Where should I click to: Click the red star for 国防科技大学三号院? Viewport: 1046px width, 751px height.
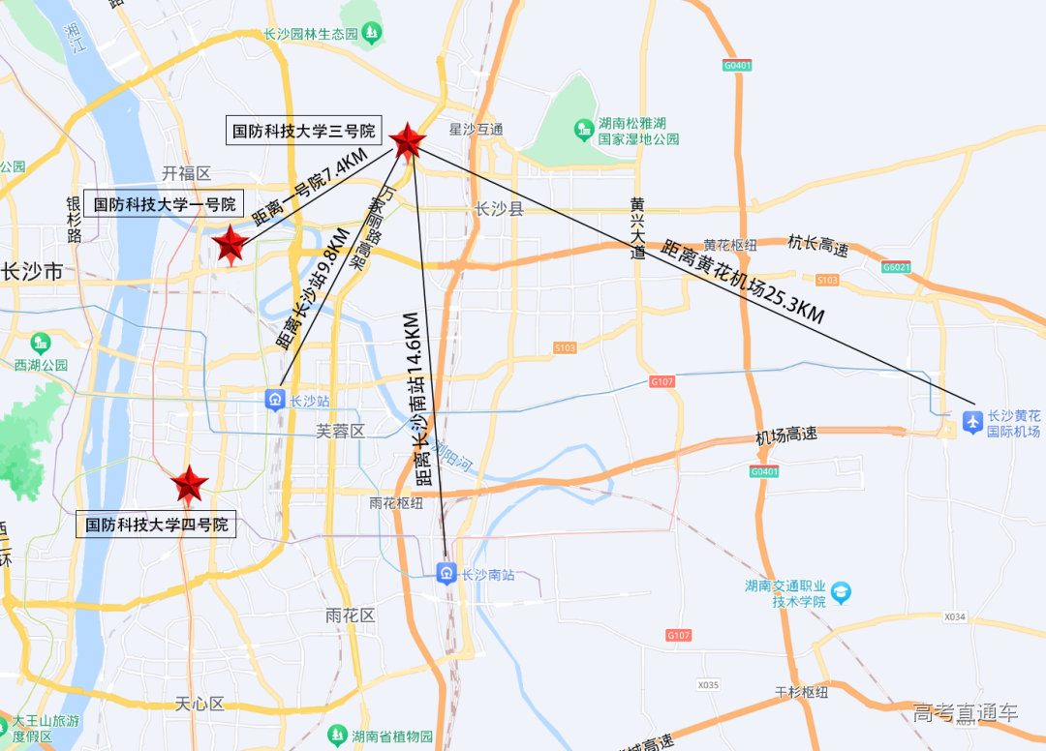click(x=408, y=141)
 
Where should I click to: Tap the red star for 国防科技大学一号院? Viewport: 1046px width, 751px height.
click(x=231, y=245)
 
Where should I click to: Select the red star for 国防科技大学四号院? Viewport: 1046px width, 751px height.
click(x=189, y=483)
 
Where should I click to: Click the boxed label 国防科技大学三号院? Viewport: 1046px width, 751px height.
click(x=303, y=130)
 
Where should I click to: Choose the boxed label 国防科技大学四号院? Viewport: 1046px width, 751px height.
click(x=156, y=525)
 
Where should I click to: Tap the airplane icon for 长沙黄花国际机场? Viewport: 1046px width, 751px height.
click(x=972, y=421)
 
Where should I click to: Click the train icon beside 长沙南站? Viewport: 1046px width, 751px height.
click(x=446, y=574)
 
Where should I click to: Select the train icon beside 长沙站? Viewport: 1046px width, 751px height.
click(x=275, y=399)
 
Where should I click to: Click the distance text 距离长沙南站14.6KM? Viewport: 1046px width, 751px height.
click(x=418, y=399)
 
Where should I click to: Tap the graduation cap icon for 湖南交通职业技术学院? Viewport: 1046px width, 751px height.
click(x=841, y=591)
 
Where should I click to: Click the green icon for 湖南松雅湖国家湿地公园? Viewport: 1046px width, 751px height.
click(x=583, y=128)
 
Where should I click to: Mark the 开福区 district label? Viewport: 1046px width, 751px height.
click(x=186, y=173)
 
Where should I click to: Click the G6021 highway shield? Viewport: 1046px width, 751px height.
click(x=897, y=267)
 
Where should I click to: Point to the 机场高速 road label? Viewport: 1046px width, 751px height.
click(x=786, y=436)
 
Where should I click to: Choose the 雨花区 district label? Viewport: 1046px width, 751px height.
click(x=351, y=616)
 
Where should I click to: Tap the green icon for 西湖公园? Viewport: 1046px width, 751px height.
click(x=41, y=343)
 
